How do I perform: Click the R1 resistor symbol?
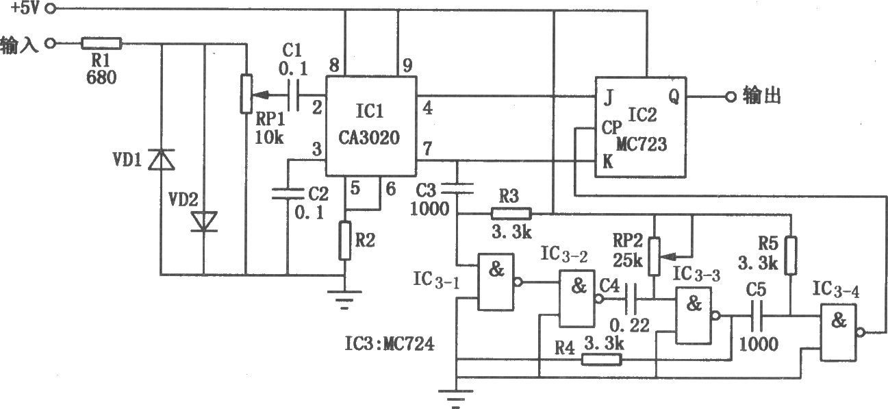pyautogui.click(x=101, y=43)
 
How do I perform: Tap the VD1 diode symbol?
pyautogui.click(x=162, y=160)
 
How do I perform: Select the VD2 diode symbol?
pyautogui.click(x=204, y=221)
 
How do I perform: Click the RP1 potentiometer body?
pyautogui.click(x=246, y=94)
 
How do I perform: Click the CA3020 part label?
pyautogui.click(x=368, y=138)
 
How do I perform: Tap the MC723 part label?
pyautogui.click(x=642, y=144)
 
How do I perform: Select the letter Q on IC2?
pyautogui.click(x=674, y=96)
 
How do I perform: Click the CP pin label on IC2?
pyautogui.click(x=611, y=127)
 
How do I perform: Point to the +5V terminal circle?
pyautogui.click(x=51, y=9)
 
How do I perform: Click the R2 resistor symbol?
pyautogui.click(x=345, y=240)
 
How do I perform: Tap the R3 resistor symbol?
pyautogui.click(x=511, y=214)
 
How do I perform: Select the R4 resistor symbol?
pyautogui.click(x=601, y=360)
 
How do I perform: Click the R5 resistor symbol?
pyautogui.click(x=791, y=256)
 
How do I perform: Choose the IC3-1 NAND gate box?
pyautogui.click(x=496, y=282)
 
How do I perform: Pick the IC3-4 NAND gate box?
pyautogui.click(x=839, y=332)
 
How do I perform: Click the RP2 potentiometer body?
pyautogui.click(x=654, y=256)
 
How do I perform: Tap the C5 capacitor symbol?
pyautogui.click(x=757, y=317)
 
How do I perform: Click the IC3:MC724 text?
pyautogui.click(x=390, y=343)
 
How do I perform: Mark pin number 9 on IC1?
pyautogui.click(x=407, y=65)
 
